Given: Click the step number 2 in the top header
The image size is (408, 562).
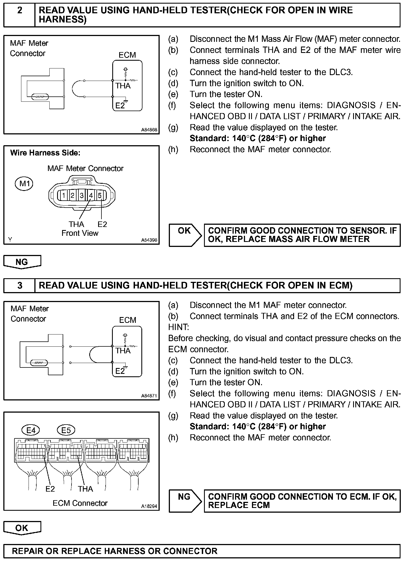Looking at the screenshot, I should tap(20, 11).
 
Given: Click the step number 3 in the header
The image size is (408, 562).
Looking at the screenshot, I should tap(20, 285).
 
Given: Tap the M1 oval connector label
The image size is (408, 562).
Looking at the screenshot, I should tap(24, 183).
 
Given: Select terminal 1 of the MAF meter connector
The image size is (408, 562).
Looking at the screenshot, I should tap(63, 196).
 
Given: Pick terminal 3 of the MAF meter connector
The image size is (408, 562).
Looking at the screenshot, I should tap(82, 196).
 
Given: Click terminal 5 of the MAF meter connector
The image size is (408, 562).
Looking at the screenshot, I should tap(100, 196).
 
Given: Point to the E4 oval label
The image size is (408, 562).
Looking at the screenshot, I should tap(31, 430).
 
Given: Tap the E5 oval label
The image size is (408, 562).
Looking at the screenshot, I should tap(66, 430).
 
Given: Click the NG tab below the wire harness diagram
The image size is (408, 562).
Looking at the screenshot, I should tap(22, 262).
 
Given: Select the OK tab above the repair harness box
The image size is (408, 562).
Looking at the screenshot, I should tap(22, 528).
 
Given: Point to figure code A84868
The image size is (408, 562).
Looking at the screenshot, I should tap(149, 130).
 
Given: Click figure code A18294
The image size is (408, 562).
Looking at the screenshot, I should tap(149, 506).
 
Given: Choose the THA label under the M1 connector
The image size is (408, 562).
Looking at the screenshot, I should tap(76, 224).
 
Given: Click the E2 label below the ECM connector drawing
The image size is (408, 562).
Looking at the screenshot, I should tap(50, 489).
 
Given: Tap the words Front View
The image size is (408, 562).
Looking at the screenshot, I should tap(80, 233).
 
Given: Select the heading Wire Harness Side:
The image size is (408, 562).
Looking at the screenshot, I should tap(45, 153).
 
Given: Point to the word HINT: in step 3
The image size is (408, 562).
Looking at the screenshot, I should tap(178, 327).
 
